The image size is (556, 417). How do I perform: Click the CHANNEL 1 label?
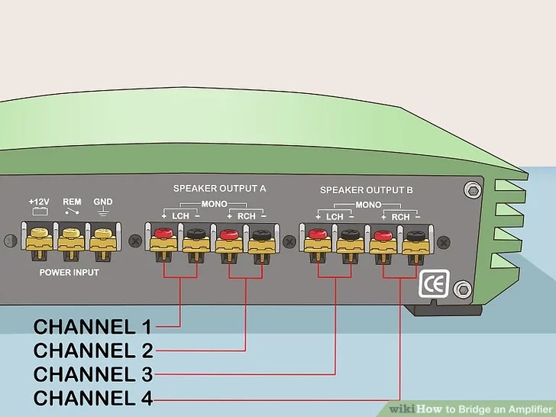pyautogui.click(x=92, y=327)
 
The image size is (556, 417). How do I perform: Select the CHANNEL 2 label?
pyautogui.click(x=92, y=351)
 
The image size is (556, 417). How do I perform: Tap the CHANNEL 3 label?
pyautogui.click(x=92, y=374)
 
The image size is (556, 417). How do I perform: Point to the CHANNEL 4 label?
pyautogui.click(x=92, y=398)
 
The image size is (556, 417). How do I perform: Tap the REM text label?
pyautogui.click(x=71, y=202)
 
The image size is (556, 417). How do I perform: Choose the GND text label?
pyautogui.click(x=102, y=202)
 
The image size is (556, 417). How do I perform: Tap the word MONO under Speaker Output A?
pyautogui.click(x=213, y=205)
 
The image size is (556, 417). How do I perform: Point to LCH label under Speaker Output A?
pyautogui.click(x=180, y=216)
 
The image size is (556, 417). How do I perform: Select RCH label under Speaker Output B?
pyautogui.click(x=400, y=218)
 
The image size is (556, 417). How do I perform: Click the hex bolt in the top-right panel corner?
pyautogui.click(x=473, y=189)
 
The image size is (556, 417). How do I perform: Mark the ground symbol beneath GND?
pyautogui.click(x=102, y=212)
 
